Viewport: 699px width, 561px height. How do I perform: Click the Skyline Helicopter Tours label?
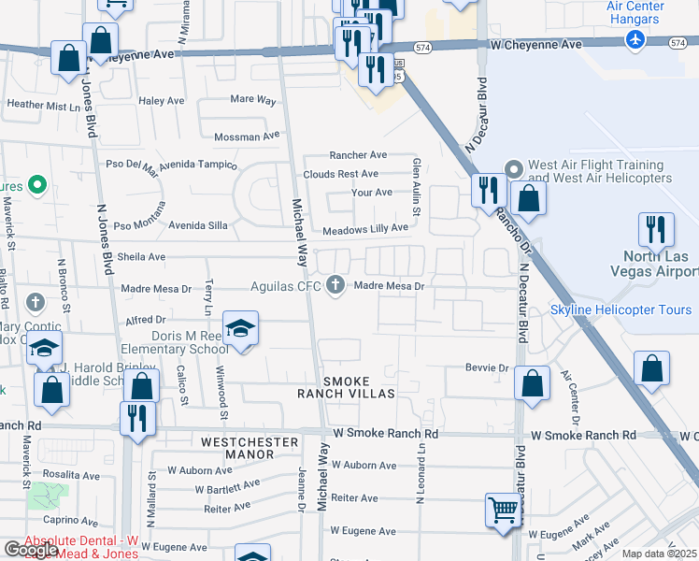tap(621, 310)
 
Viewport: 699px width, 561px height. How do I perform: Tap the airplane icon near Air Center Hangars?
tap(635, 40)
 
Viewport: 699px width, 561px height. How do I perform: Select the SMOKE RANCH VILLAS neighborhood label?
tap(347, 388)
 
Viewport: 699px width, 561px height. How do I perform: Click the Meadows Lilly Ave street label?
tap(365, 228)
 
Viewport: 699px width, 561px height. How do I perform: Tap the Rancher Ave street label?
tap(358, 155)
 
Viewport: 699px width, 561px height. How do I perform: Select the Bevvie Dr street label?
tap(486, 367)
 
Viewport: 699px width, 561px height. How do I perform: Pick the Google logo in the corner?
tap(31, 550)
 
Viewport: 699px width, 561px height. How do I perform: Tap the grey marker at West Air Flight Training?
tap(513, 169)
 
